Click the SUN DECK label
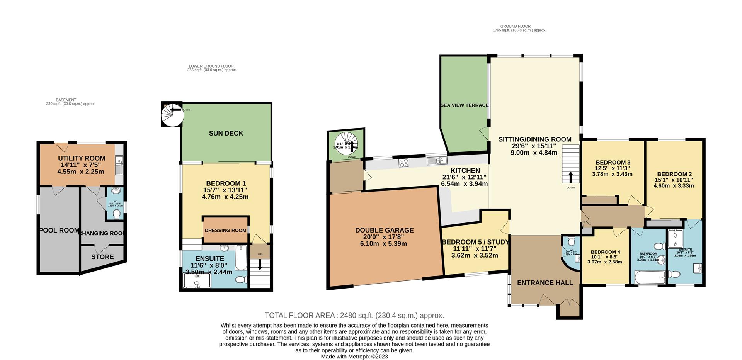click(226, 133)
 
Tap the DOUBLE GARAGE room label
click(384, 230)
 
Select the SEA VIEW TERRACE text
click(465, 105)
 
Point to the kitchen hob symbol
click(404, 163)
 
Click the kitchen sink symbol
click(436, 160)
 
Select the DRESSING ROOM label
click(225, 230)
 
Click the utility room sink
click(119, 165)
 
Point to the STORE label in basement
click(102, 257)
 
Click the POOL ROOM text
click(59, 230)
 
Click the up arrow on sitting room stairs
click(571, 177)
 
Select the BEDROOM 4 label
click(605, 252)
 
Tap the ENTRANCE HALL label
click(545, 283)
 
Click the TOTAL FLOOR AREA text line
click(354, 316)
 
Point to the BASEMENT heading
click(66, 100)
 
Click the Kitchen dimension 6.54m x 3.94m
click(464, 184)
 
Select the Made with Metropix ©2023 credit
click(354, 357)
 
